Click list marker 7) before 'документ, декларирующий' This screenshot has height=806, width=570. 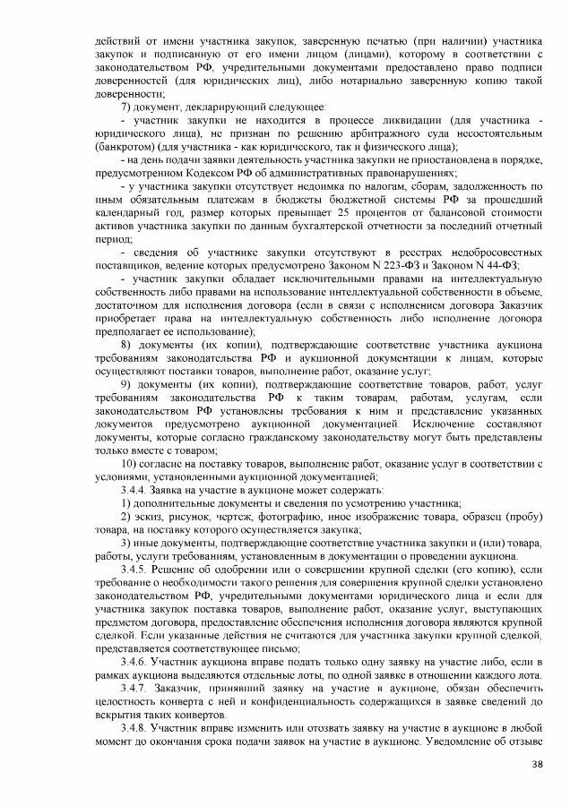pos(125,107)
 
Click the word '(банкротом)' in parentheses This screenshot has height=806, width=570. pos(125,146)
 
